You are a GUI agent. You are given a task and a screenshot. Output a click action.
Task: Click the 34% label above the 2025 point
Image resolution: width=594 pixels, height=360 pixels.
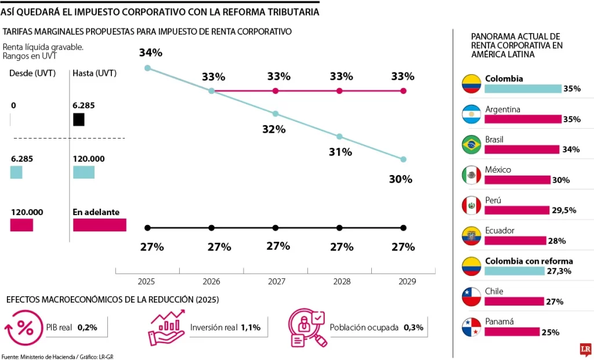(150, 53)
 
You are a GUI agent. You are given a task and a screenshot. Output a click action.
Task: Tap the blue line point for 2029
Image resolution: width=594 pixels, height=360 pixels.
(403, 159)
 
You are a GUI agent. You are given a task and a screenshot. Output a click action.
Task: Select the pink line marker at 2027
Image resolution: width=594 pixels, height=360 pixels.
(276, 91)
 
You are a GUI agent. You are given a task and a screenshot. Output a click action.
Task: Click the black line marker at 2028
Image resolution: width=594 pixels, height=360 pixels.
(339, 227)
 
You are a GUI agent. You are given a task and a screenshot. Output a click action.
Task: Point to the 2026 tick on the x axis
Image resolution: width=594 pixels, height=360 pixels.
(211, 281)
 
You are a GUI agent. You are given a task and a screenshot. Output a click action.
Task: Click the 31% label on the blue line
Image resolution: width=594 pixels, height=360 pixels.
(341, 152)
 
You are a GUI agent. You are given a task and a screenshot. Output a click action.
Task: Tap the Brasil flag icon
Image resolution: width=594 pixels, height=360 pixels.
(471, 144)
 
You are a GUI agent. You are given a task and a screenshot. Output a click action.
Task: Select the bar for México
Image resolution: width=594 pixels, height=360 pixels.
(517, 180)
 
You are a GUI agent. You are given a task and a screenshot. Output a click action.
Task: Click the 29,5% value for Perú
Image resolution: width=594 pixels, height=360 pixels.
(563, 210)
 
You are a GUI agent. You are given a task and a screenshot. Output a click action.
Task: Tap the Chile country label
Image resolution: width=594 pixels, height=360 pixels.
(494, 291)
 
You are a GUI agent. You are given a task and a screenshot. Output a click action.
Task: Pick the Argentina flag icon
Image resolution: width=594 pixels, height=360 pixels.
(471, 114)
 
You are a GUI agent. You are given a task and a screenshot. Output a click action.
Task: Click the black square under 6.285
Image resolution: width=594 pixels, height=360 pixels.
(78, 119)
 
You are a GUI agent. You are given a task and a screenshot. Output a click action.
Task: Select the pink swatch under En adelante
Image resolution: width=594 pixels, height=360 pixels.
(99, 225)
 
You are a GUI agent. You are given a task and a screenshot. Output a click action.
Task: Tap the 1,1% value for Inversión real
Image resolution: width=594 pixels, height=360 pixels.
(250, 328)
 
